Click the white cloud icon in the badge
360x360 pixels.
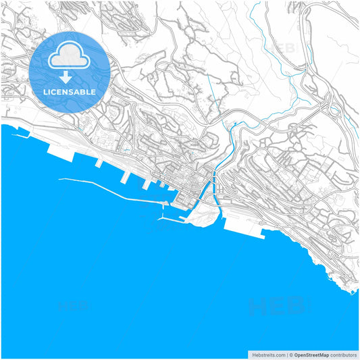coord(70,57)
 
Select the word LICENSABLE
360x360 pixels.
coord(70,91)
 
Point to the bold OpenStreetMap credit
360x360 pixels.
coord(310,354)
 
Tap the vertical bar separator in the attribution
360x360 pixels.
coord(285,354)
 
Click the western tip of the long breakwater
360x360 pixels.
coord(60,179)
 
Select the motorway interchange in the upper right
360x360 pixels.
coord(330,107)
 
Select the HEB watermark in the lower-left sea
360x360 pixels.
coord(74,305)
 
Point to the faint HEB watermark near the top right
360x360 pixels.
coord(282,49)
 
